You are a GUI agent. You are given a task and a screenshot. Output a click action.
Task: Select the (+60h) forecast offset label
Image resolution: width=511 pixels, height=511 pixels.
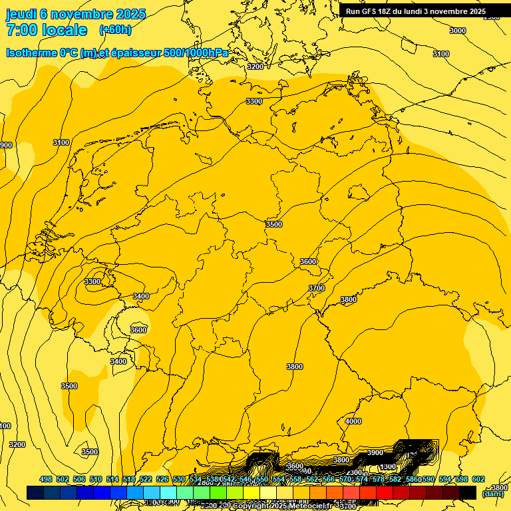115,30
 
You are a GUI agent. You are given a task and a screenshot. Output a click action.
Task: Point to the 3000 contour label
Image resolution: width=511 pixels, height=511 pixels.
458,31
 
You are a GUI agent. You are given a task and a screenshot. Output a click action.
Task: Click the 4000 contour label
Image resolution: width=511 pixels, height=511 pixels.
353,421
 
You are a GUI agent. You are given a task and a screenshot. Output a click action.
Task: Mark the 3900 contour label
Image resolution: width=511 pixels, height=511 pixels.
375,452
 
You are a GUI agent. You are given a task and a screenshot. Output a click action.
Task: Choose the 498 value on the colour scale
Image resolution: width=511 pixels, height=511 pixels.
46,479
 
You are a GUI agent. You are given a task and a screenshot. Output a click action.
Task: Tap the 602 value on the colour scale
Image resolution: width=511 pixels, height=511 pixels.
478,479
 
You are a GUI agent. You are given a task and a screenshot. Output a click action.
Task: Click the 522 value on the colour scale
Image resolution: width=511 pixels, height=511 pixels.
146,479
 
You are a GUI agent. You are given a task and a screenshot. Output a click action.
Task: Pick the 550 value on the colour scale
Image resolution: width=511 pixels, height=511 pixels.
262,479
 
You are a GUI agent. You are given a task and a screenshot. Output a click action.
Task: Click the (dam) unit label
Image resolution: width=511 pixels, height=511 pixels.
493,493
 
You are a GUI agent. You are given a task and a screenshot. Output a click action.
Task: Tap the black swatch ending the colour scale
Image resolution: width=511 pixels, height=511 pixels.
468,492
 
